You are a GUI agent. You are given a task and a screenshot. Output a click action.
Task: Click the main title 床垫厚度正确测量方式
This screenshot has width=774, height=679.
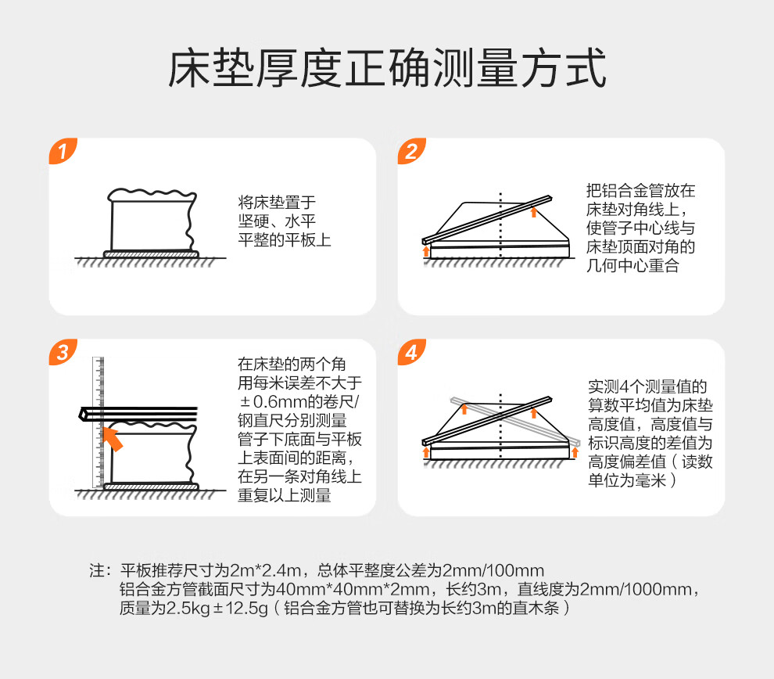[387, 68]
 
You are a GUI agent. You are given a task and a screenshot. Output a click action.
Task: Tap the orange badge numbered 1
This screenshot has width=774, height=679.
[63, 151]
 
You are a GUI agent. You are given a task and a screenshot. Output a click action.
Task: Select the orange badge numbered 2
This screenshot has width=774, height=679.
[411, 151]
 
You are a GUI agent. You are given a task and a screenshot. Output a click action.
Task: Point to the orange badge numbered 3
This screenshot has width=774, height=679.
[63, 352]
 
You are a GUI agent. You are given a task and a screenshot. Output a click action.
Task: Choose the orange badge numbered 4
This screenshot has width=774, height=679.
[411, 352]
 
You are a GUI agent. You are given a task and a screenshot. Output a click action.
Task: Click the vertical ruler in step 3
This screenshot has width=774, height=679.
[99, 422]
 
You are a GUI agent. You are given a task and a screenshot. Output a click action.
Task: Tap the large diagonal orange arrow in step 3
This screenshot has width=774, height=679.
[113, 439]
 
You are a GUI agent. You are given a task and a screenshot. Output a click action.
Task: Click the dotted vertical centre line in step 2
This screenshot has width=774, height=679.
[500, 225]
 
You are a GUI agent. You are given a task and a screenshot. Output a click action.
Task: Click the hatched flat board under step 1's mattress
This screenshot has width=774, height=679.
[151, 254]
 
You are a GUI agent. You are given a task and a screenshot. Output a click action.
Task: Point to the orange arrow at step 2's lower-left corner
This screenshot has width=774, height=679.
[427, 251]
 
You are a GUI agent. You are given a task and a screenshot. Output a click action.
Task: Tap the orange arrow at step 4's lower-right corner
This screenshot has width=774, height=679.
[575, 452]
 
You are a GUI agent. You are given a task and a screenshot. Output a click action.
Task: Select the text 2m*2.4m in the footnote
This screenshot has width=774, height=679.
[265, 570]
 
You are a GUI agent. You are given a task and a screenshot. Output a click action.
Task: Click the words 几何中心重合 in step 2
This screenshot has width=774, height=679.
[632, 266]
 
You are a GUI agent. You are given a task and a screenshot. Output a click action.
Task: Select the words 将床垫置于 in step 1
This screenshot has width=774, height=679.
[277, 202]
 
